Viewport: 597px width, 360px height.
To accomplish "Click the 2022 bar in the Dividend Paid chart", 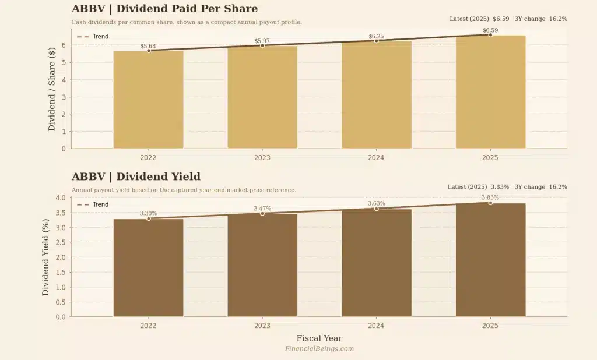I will point(148,99).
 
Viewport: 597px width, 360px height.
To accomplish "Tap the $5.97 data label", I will point(262,41).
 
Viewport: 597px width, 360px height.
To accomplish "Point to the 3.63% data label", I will point(376,203).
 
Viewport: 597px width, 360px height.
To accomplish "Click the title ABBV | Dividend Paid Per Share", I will point(164,9).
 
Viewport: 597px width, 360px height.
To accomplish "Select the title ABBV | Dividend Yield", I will point(136,177).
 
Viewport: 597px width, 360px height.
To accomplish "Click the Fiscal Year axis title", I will point(319,338).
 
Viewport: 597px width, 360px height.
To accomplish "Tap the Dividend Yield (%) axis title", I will point(45,257).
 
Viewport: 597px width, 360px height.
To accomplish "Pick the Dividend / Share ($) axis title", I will point(51,89).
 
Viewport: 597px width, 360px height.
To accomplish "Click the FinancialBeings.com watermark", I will point(319,349).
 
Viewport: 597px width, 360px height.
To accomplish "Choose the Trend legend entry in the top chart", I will point(93,37).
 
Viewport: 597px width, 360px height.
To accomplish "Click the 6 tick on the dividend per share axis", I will point(63,45).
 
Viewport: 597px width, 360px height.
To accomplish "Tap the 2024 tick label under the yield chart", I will point(376,326).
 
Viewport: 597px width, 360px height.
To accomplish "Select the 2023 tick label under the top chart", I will point(262,157).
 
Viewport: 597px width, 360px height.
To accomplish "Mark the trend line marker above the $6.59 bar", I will point(490,35).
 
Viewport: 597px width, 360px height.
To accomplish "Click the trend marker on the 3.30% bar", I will point(149,218).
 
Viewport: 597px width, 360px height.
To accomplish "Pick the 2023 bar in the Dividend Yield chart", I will point(262,265).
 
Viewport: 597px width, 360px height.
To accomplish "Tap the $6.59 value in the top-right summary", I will point(501,19).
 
